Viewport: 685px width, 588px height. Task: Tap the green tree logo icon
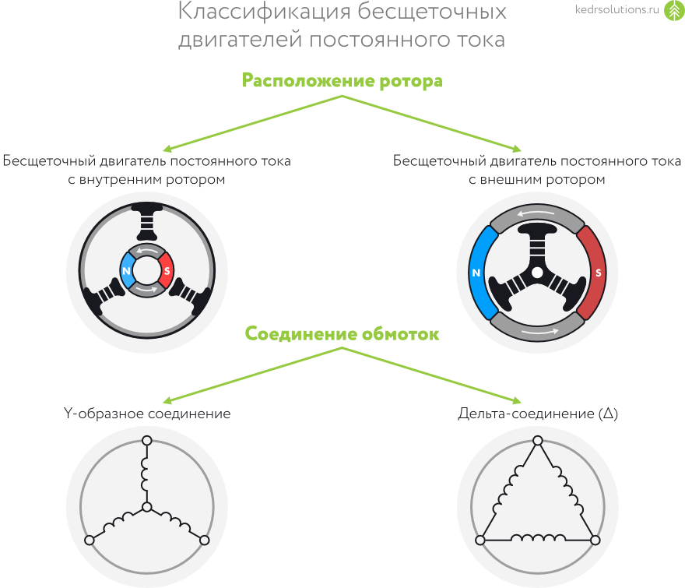[x=673, y=12]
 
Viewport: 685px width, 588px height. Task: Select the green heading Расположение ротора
[x=342, y=81]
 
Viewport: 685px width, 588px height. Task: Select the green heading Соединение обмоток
[x=342, y=334]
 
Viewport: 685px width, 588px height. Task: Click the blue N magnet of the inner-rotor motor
[x=127, y=270]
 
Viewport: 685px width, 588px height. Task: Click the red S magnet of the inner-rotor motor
[x=165, y=270]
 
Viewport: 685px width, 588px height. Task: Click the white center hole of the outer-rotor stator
[x=536, y=273]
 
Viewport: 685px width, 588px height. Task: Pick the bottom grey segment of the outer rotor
[x=536, y=329]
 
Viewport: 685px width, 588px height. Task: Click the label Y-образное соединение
[x=146, y=414]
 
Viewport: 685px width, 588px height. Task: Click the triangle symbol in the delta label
[x=609, y=414]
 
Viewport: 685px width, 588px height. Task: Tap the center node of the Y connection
[x=146, y=508]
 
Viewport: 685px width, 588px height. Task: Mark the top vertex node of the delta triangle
[x=536, y=442]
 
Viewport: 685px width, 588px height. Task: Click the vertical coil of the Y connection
[x=146, y=474]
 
